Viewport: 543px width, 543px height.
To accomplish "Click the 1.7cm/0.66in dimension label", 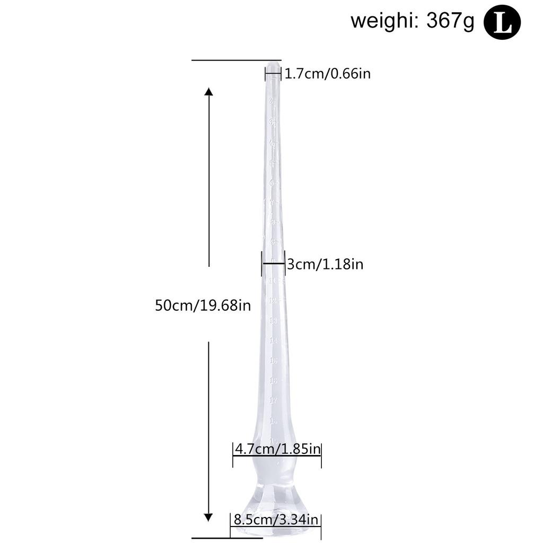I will (x=327, y=73).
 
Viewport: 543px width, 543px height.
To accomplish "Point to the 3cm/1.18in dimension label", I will (x=325, y=264).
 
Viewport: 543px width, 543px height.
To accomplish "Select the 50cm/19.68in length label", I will (x=203, y=305).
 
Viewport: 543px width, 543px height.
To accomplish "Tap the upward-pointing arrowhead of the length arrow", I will (x=209, y=92).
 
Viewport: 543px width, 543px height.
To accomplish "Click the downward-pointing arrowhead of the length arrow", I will (x=209, y=517).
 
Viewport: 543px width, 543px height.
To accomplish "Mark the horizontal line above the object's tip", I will (x=236, y=60).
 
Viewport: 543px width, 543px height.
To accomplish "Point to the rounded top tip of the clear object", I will (x=273, y=66).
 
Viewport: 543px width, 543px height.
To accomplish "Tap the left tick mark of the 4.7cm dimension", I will (x=233, y=455).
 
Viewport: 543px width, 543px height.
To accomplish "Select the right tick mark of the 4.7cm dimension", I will (x=321, y=455).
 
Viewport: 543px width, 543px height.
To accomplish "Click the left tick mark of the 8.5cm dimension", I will (x=230, y=525).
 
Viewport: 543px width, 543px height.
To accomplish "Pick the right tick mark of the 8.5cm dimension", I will (x=321, y=525).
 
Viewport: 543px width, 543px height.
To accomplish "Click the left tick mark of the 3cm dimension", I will (x=262, y=263).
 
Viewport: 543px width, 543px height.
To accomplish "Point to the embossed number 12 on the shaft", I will (x=273, y=301).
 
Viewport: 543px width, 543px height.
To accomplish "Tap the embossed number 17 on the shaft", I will (x=273, y=400).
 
